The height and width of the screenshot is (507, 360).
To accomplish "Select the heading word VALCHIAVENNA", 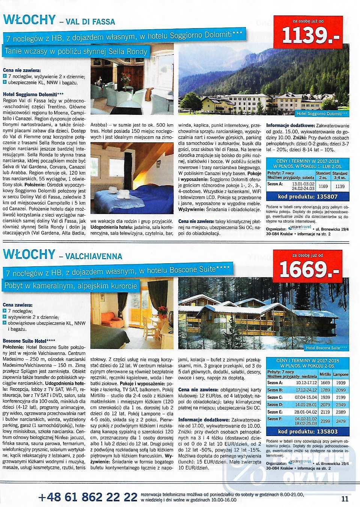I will click(x=94, y=257).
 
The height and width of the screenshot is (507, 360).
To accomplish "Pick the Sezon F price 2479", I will click(x=341, y=421).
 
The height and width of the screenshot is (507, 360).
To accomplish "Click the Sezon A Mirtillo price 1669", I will click(x=325, y=383).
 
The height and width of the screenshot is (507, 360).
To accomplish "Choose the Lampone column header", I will click(x=341, y=374).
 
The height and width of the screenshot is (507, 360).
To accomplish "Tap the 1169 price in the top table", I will click(x=323, y=186).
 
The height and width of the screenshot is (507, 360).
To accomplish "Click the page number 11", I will click(x=345, y=499).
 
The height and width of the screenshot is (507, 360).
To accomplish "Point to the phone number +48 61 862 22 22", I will click(x=88, y=497).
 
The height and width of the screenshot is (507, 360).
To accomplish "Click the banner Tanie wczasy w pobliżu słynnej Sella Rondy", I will click(x=76, y=51).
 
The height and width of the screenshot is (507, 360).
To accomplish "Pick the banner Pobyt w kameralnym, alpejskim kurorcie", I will click(x=71, y=286).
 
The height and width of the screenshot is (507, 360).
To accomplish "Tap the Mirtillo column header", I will click(x=325, y=374).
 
